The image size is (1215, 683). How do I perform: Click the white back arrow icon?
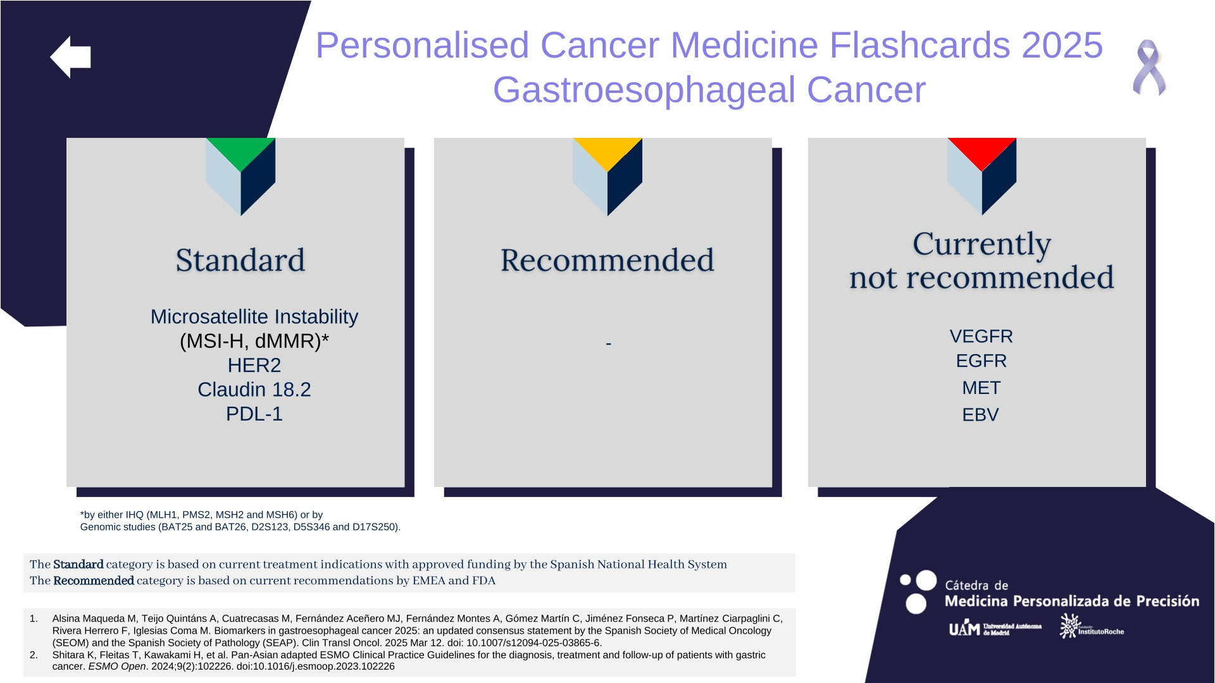pyautogui.click(x=70, y=57)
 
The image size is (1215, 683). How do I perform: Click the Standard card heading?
pyautogui.click(x=240, y=260)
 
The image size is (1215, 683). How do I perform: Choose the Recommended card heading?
pyautogui.click(x=607, y=260)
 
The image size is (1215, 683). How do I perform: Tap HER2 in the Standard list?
pyautogui.click(x=254, y=365)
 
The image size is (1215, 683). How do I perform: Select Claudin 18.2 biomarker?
pyautogui.click(x=254, y=390)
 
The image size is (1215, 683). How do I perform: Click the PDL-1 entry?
pyautogui.click(x=254, y=414)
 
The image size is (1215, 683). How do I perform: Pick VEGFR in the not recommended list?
pyautogui.click(x=981, y=336)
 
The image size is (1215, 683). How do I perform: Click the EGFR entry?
pyautogui.click(x=981, y=360)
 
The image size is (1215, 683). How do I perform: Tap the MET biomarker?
pyautogui.click(x=981, y=388)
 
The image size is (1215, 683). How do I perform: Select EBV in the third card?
pyautogui.click(x=980, y=415)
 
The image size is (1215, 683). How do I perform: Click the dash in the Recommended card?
pyautogui.click(x=608, y=344)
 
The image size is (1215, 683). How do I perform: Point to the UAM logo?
pyautogui.click(x=995, y=628)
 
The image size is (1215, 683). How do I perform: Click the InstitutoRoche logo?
pyautogui.click(x=1092, y=626)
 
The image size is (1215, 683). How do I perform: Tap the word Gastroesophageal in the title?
pyautogui.click(x=644, y=90)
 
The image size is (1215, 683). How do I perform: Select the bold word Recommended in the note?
pyautogui.click(x=94, y=581)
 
